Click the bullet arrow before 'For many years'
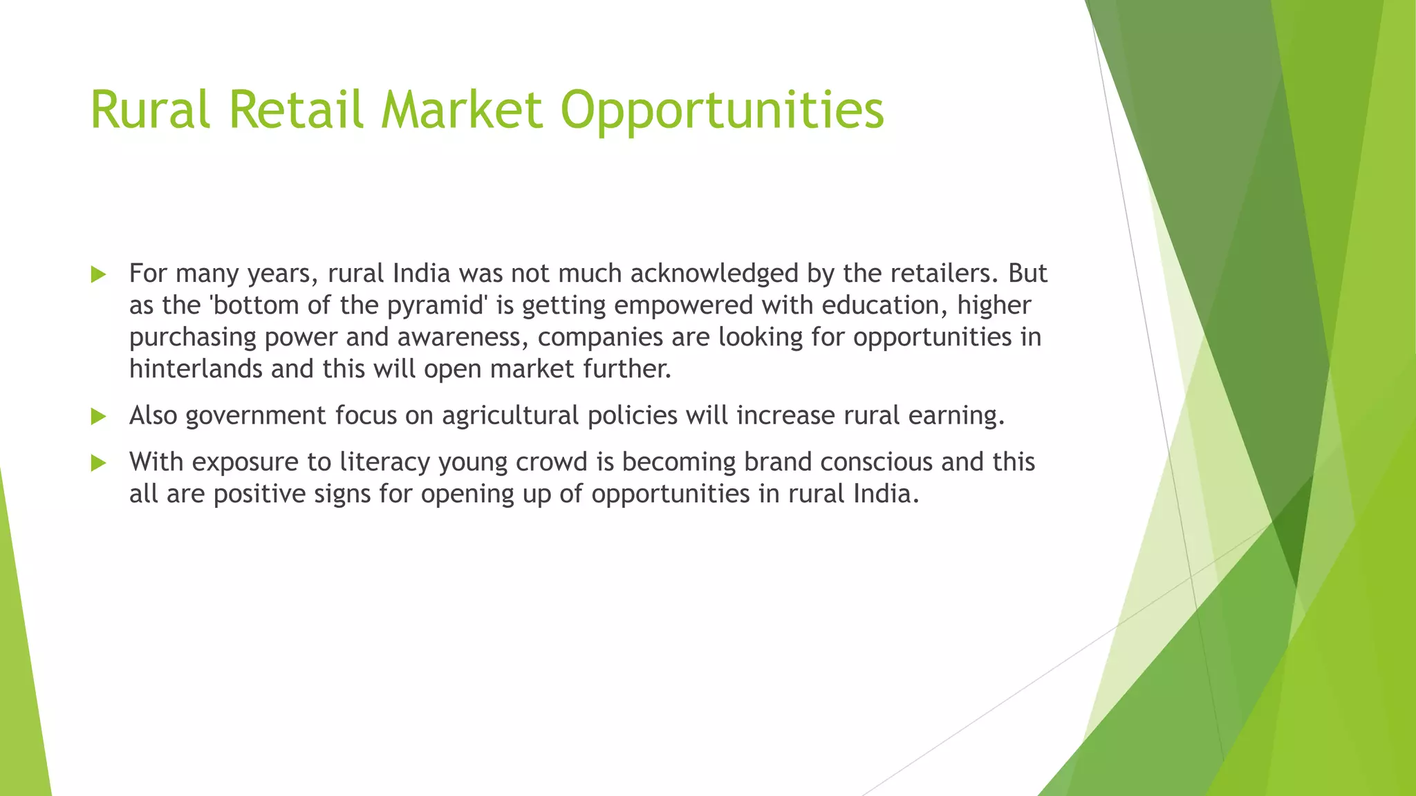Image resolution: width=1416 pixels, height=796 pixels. click(99, 275)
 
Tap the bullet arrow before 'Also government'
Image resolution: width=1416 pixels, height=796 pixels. click(99, 417)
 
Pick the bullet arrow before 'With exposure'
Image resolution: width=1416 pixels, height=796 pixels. click(99, 463)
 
